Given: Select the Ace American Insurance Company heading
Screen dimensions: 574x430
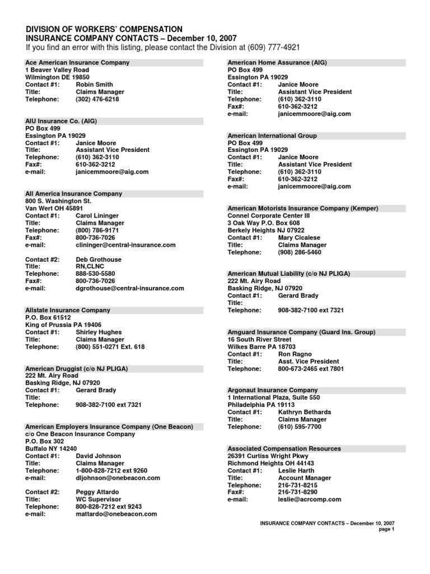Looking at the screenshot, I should click(x=77, y=63).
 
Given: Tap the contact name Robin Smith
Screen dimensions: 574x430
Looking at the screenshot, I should click(x=94, y=85).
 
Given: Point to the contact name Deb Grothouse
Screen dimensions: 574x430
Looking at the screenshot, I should click(x=99, y=260).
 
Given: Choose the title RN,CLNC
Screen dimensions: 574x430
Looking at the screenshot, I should click(x=91, y=267).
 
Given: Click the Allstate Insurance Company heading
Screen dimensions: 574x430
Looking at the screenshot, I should click(x=68, y=310).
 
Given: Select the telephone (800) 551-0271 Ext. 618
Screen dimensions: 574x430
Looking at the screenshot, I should click(x=110, y=347).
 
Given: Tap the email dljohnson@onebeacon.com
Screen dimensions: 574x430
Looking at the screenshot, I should click(x=118, y=478).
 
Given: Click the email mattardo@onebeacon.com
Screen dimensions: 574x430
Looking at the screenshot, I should click(x=116, y=513).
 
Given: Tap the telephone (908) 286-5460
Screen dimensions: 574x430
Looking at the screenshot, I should click(x=300, y=252).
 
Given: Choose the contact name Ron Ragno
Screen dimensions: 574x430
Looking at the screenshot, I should click(x=296, y=354).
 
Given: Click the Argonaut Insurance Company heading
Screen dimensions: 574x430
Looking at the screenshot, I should click(x=272, y=390).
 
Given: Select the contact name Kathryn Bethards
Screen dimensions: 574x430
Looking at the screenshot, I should click(x=304, y=412).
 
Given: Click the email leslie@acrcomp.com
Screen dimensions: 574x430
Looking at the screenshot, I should click(x=309, y=499).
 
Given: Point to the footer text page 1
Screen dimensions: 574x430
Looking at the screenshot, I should click(x=386, y=529).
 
